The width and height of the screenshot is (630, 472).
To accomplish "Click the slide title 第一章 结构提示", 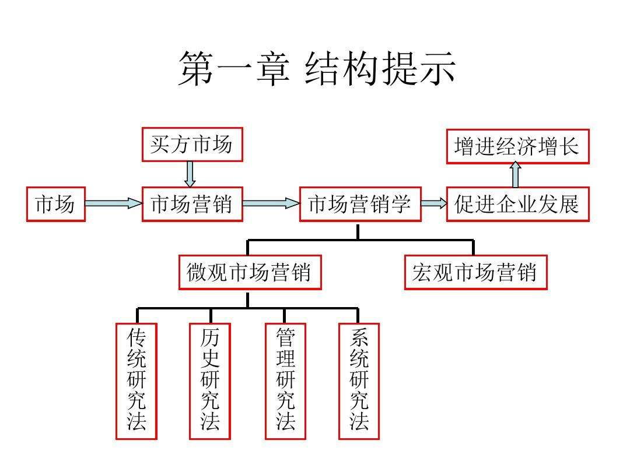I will click(x=316, y=69).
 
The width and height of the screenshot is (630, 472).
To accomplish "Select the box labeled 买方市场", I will click(x=192, y=145).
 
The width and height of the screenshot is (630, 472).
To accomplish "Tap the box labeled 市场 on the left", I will click(x=55, y=204).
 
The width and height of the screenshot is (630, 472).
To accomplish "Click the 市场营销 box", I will click(x=192, y=204).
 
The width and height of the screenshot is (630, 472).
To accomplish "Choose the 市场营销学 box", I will click(x=360, y=204).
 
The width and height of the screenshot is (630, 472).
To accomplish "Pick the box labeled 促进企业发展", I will click(x=517, y=204).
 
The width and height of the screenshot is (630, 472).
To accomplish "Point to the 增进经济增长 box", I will click(x=517, y=146).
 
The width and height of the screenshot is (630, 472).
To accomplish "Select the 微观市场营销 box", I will click(x=250, y=272).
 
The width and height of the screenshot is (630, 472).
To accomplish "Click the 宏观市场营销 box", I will click(x=475, y=272).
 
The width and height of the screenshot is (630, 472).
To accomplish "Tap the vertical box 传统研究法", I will click(x=136, y=381).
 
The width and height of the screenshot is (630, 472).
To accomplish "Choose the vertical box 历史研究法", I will click(x=210, y=381).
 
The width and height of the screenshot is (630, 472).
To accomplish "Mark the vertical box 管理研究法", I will click(x=285, y=381).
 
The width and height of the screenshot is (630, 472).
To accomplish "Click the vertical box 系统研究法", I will click(x=359, y=381).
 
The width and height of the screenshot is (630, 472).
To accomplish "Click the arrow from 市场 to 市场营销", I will click(x=113, y=203).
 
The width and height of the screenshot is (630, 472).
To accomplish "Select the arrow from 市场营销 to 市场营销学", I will click(x=271, y=203).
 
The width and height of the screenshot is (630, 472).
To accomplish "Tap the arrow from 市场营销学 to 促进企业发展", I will click(x=433, y=203).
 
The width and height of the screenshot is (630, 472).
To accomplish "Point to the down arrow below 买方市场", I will click(x=190, y=174).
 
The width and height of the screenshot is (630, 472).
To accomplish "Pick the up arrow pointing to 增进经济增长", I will click(x=516, y=174).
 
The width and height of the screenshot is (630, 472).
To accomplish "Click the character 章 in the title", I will click(x=271, y=69).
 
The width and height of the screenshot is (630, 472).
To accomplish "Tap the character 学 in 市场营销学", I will click(x=402, y=204).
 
